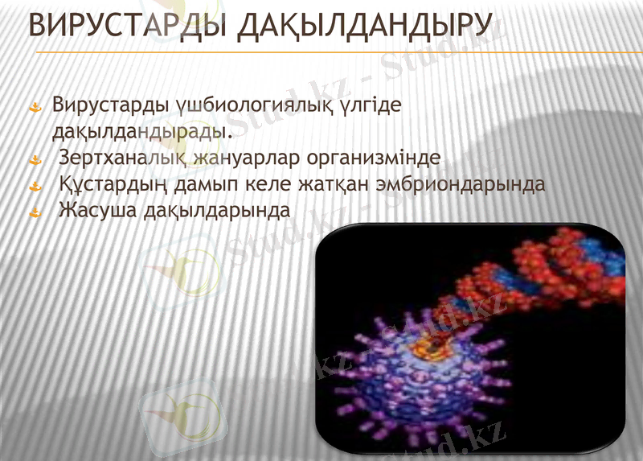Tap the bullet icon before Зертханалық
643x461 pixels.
[x=35, y=158]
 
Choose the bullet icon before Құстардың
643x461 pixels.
[x=35, y=185]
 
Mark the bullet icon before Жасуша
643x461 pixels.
[x=35, y=212]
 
